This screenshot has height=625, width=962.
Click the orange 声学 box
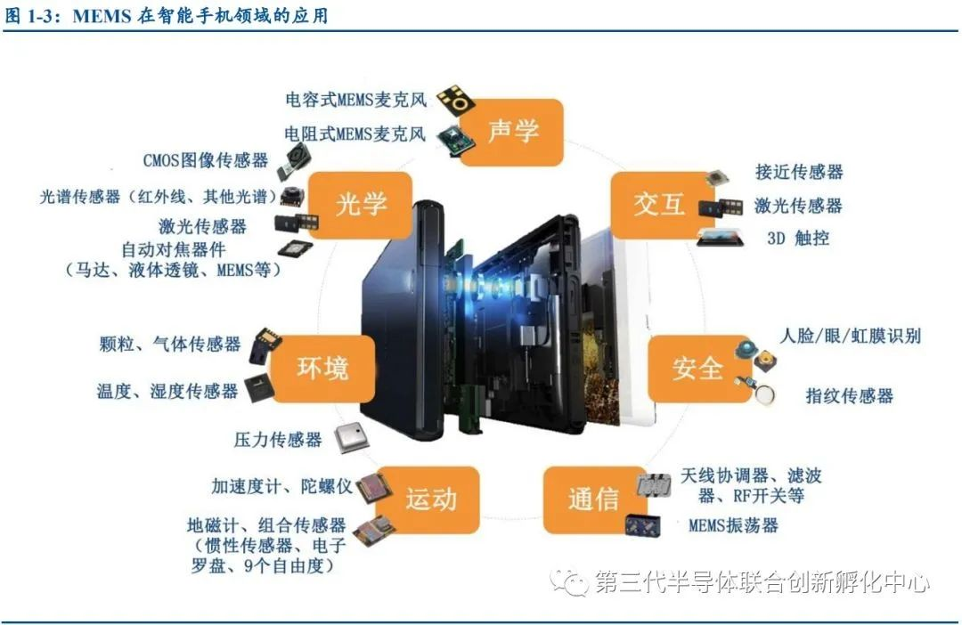click(x=511, y=132)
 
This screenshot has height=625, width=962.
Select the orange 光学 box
click(x=360, y=205)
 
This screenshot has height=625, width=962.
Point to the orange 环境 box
click(x=322, y=369)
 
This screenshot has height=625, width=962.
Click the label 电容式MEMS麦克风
click(x=355, y=100)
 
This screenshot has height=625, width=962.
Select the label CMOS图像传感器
click(x=206, y=160)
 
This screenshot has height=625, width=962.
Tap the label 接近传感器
click(x=799, y=172)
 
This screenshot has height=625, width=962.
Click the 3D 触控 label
click(x=798, y=238)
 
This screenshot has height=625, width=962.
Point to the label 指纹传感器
click(x=849, y=395)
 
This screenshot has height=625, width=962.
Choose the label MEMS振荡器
click(x=733, y=525)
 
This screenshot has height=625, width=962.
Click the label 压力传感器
click(x=278, y=439)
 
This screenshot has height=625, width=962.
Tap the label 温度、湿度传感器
click(x=167, y=391)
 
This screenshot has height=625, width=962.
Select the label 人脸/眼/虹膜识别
click(x=851, y=336)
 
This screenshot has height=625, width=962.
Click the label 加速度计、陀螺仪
click(x=282, y=486)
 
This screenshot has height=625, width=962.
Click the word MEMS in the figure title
click(x=102, y=16)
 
